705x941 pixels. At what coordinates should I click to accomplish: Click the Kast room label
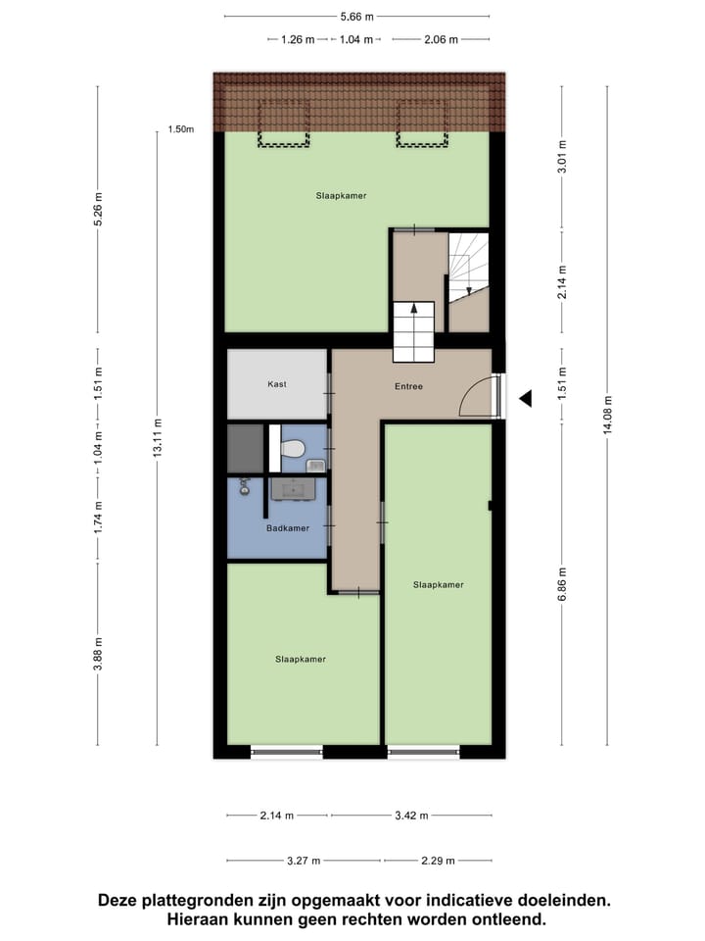pyautogui.click(x=277, y=384)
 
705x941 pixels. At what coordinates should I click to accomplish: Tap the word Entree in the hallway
pyautogui.click(x=408, y=386)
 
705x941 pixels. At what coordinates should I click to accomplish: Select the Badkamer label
pyautogui.click(x=287, y=528)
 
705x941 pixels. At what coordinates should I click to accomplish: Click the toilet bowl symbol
pyautogui.click(x=292, y=450)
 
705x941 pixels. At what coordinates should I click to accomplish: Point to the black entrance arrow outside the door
pyautogui.click(x=525, y=398)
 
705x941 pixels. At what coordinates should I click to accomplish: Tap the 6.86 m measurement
pyautogui.click(x=561, y=584)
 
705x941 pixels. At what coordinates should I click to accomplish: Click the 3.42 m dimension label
pyautogui.click(x=411, y=815)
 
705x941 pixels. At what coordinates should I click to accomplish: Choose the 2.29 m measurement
pyautogui.click(x=437, y=861)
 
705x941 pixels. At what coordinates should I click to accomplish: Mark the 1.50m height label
pyautogui.click(x=181, y=129)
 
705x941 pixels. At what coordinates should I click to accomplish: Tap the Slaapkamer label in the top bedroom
pyautogui.click(x=341, y=196)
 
